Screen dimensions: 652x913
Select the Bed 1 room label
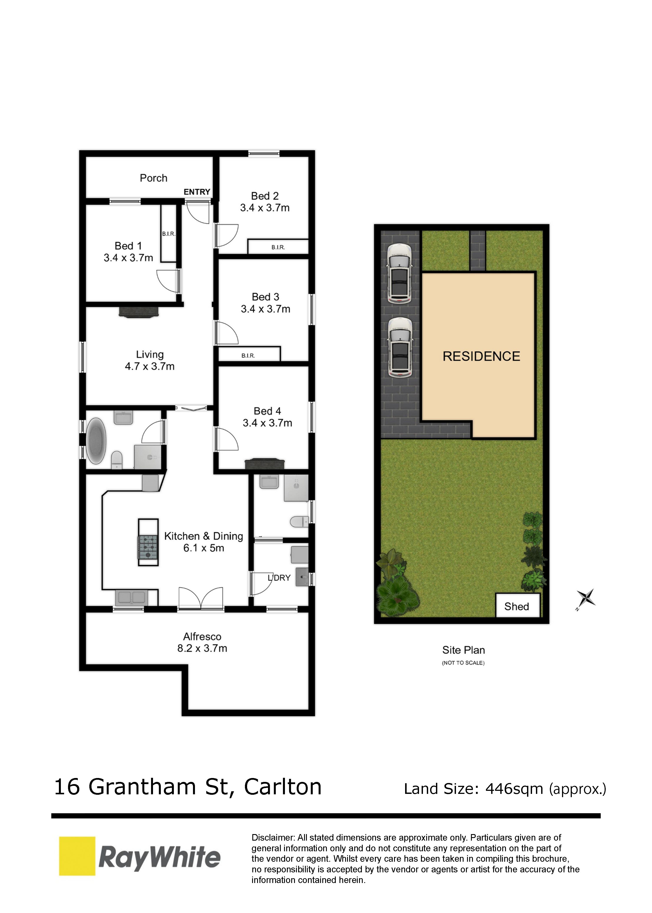128,246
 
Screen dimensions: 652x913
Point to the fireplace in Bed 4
264,463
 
